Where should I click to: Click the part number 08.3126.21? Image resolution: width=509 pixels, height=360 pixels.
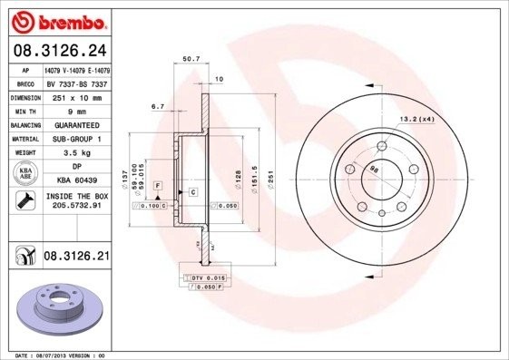tap(76, 258)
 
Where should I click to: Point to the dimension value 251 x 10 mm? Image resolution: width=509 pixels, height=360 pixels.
tap(76, 95)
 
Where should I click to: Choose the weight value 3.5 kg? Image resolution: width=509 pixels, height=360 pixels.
tap(76, 153)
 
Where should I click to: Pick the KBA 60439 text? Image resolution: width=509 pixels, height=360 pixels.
tap(76, 180)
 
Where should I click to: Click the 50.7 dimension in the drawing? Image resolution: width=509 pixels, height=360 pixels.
tap(191, 60)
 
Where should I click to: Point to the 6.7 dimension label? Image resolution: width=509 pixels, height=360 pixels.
tap(157, 106)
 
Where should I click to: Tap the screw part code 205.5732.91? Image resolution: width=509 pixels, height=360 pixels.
tap(77, 207)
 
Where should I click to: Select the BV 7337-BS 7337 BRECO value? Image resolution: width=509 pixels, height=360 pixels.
tap(76, 82)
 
